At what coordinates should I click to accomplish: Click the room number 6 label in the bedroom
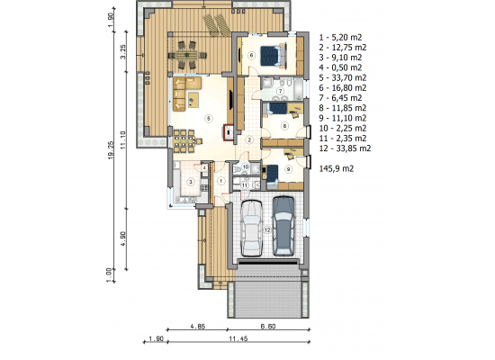point(251,56)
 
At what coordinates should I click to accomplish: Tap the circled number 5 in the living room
point(209,119)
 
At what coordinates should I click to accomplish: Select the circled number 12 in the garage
point(267,229)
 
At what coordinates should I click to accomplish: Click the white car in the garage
point(252,228)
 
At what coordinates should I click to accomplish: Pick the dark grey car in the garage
point(283,226)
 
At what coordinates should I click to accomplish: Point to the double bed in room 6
point(274,56)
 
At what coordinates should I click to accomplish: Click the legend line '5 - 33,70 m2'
point(343,77)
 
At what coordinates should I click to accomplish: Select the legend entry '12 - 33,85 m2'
point(345,148)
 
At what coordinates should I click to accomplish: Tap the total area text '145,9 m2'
point(337,168)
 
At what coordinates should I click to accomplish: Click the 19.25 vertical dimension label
point(111,150)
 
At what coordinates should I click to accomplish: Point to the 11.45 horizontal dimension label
point(238,338)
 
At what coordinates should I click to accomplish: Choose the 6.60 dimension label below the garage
point(268,326)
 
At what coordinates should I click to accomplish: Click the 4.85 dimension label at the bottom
point(198,326)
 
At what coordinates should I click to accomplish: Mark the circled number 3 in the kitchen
point(191,182)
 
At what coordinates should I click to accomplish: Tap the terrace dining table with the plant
point(186,55)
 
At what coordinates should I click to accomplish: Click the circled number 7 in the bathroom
point(280,91)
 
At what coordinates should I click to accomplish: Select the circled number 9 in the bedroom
point(288,169)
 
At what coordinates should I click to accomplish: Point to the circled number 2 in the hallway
point(249,139)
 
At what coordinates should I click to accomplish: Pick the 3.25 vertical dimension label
point(123,51)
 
